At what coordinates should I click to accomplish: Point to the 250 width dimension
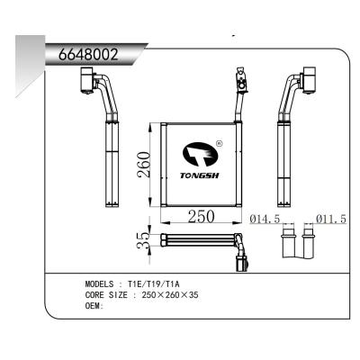(x=202, y=217)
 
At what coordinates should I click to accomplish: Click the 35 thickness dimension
(x=139, y=240)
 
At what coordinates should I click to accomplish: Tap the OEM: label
(x=94, y=305)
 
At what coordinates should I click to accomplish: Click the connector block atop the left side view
(x=88, y=83)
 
